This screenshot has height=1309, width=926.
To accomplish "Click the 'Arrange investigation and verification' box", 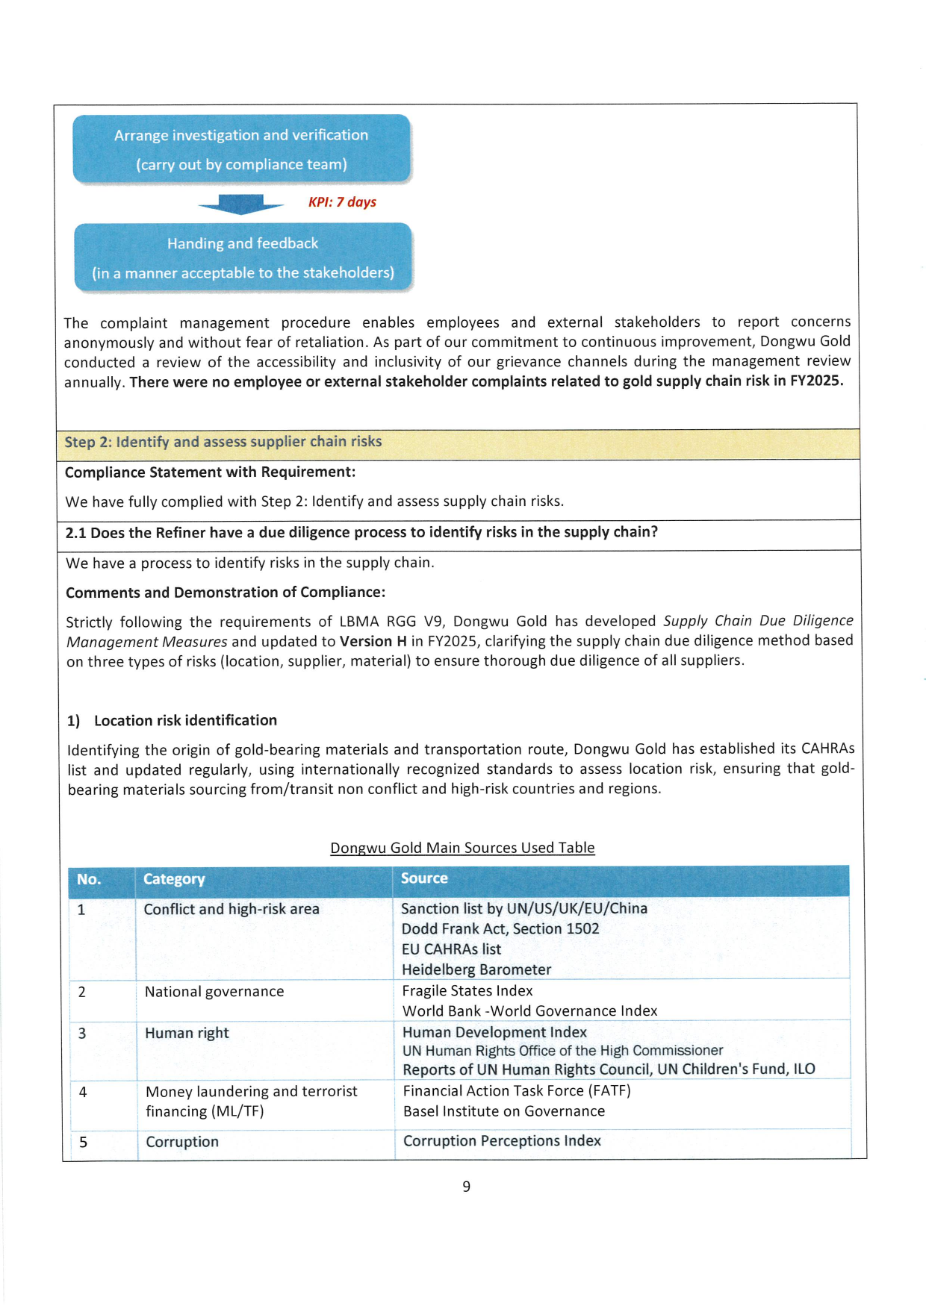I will click(241, 149).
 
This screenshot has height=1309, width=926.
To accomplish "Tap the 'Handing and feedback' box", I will click(243, 257).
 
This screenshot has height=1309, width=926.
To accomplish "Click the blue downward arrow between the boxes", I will click(241, 204).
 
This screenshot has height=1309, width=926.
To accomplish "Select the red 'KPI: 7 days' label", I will click(342, 202).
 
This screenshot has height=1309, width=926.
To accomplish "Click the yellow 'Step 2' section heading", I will click(223, 442).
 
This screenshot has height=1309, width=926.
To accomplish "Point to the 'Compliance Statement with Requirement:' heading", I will click(210, 472).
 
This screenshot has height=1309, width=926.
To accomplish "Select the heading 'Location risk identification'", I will click(185, 720).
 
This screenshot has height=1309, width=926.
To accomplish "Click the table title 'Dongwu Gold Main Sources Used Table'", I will click(462, 848).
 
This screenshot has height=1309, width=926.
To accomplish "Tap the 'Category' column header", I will click(174, 879).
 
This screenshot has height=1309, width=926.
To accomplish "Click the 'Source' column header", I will click(424, 878).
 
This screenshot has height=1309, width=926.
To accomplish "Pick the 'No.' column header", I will click(89, 879).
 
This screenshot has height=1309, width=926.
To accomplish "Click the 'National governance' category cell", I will click(214, 992).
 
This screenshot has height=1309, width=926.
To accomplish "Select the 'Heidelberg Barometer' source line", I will click(476, 969).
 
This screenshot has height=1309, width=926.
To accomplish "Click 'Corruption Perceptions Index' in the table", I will click(502, 1141).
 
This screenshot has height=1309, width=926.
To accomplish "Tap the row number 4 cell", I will click(83, 1093).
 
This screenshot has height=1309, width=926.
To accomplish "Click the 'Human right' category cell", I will click(187, 1034).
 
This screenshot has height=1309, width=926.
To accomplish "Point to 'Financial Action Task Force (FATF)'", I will click(517, 1091).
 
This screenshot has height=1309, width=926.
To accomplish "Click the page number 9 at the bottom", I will click(466, 1187).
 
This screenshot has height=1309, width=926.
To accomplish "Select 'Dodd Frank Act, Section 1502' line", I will click(500, 929).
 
